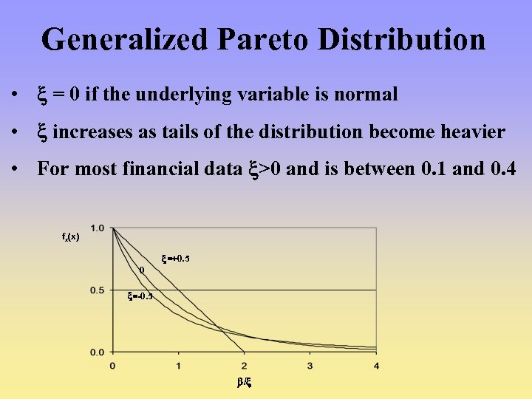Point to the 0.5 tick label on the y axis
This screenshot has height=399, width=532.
click(x=98, y=290)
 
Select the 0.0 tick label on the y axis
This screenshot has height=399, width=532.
click(x=98, y=352)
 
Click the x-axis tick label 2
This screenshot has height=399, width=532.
click(x=245, y=366)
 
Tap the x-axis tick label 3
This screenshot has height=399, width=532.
click(x=310, y=366)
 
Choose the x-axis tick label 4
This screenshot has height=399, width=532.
click(x=376, y=366)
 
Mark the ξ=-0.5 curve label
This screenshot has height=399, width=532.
click(x=140, y=296)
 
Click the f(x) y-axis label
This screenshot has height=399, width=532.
click(x=71, y=237)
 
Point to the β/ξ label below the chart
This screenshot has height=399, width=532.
click(x=245, y=383)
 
